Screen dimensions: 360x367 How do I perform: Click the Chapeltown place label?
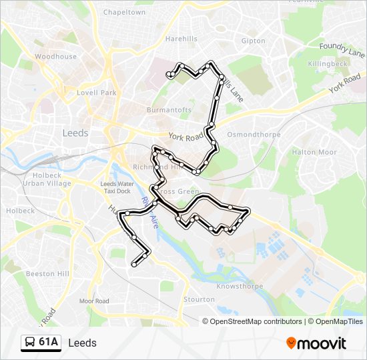pyautogui.click(x=124, y=12)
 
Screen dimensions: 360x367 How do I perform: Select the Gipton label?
pyautogui.click(x=253, y=41)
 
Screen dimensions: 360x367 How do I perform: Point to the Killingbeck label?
pyautogui.click(x=328, y=63)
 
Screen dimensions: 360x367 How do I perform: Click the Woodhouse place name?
pyautogui.click(x=56, y=57)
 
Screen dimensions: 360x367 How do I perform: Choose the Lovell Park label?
pyautogui.click(x=97, y=93)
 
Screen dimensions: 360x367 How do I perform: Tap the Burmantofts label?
pyautogui.click(x=169, y=109)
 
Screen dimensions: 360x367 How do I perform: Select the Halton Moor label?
pyautogui.click(x=314, y=152)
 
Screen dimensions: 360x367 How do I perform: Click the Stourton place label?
pyautogui.click(x=199, y=299)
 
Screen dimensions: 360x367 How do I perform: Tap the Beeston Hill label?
pyautogui.click(x=47, y=273)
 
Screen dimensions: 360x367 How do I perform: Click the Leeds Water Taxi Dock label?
pyautogui.click(x=117, y=187)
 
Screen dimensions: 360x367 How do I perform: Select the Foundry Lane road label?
pyautogui.click(x=342, y=47)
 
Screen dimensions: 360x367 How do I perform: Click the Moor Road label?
pyautogui.click(x=94, y=301)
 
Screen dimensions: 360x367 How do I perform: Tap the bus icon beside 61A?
pyautogui.click(x=30, y=343)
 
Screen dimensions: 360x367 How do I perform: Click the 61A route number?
pyautogui.click(x=49, y=343)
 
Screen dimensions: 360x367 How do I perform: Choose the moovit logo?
pyautogui.click(x=316, y=343)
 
